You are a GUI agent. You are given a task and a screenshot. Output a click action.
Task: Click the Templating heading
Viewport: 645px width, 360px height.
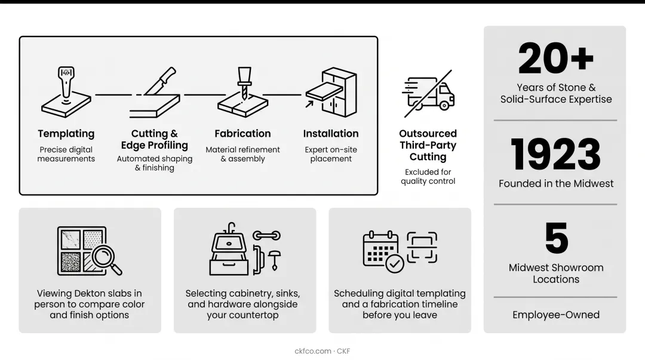pos(66,134)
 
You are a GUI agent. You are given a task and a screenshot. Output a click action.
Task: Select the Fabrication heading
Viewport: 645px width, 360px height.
pos(242,134)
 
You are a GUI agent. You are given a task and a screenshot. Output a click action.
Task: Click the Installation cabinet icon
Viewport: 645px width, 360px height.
pos(331,93)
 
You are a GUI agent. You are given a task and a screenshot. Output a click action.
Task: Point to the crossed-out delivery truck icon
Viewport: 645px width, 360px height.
pos(428,94)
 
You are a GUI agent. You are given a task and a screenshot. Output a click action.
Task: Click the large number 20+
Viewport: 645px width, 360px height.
pos(556,59)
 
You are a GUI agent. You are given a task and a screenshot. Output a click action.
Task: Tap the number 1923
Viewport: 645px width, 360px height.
pos(556,154)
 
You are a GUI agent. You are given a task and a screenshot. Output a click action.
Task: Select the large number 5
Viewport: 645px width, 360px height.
pos(556,238)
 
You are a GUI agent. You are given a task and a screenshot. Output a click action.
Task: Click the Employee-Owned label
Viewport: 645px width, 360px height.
pos(556,315)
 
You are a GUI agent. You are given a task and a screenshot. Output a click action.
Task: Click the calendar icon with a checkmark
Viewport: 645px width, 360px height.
pos(383,251)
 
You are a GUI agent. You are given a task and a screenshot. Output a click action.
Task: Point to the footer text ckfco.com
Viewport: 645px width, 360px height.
pos(312,351)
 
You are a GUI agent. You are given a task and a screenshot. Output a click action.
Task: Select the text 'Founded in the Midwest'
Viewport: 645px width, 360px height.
pos(556,183)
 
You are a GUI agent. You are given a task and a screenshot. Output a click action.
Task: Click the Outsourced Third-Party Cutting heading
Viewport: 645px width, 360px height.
pos(428,145)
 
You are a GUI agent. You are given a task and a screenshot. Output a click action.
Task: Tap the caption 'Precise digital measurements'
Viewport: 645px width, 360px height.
pos(66,154)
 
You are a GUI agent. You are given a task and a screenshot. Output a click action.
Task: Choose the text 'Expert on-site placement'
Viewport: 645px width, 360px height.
pos(331,154)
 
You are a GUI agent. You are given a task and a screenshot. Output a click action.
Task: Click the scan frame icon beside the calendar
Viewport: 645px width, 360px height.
pos(422,247)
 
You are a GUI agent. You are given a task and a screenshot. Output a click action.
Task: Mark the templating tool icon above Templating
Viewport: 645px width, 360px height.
pos(66,92)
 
